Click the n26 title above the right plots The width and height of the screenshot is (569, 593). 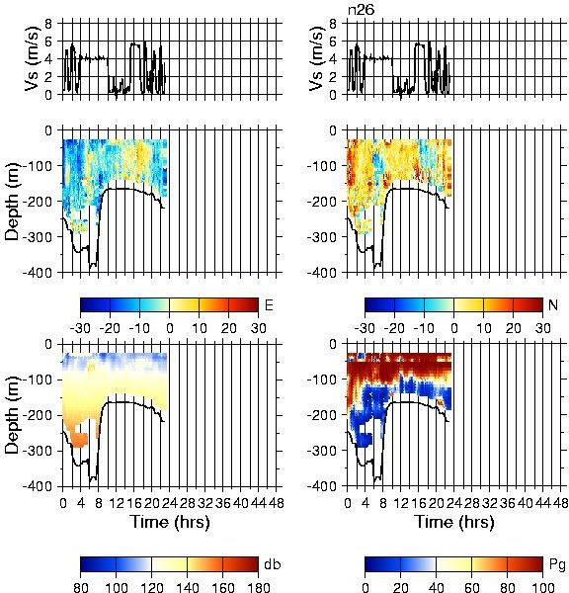361,10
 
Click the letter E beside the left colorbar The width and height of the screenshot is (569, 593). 269,304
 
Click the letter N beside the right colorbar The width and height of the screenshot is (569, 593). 553,304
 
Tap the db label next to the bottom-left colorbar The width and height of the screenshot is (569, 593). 273,564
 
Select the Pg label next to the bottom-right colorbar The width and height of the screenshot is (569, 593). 557,565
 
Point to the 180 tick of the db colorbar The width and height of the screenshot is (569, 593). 258,586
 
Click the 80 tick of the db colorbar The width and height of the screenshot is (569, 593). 81,586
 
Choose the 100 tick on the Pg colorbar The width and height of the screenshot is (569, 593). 543,586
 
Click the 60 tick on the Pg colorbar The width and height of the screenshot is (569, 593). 471,586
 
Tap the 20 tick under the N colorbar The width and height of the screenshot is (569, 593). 513,328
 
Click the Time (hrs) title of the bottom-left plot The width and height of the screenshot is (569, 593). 170,522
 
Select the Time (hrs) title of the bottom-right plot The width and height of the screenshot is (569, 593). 454,522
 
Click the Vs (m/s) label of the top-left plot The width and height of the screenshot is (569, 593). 33,58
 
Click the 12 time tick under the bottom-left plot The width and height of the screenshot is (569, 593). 116,503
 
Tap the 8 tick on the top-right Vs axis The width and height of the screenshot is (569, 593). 333,24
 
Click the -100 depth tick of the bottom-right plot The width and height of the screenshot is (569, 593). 322,380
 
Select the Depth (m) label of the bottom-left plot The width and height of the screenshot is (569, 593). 12,415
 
